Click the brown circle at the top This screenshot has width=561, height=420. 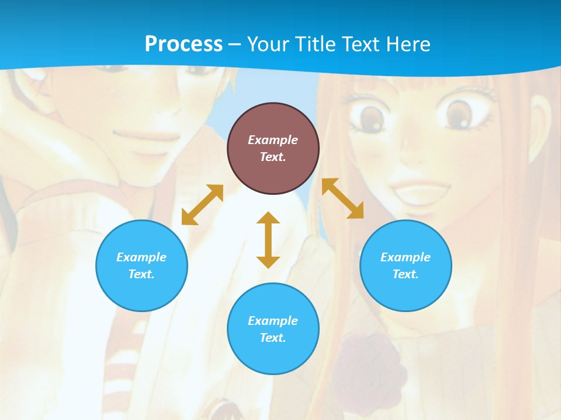point(273,148)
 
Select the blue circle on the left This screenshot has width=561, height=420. point(141,265)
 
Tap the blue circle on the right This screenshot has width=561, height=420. point(406,265)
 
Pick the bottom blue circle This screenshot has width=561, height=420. point(273,329)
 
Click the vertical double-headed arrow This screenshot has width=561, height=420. point(268,240)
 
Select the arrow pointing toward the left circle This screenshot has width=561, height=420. point(202,205)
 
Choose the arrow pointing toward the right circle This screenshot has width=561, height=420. point(342,198)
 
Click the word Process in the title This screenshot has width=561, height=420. point(183,44)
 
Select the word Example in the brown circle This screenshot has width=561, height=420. point(273,140)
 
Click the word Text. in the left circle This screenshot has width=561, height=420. point(141,274)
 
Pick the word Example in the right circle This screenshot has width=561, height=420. point(406,257)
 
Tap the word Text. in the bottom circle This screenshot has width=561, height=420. point(273,338)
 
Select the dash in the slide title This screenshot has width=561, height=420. point(235,44)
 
